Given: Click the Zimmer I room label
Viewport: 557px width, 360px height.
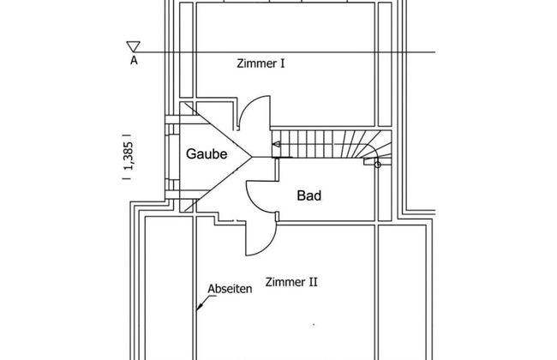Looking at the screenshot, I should [x=261, y=63].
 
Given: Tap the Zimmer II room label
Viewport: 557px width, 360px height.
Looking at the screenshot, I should [x=292, y=282].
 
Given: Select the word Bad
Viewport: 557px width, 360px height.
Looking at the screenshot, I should [x=308, y=196].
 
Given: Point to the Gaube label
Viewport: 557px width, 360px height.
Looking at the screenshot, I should [x=207, y=155].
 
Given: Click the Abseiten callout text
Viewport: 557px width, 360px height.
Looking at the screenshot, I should [x=230, y=290].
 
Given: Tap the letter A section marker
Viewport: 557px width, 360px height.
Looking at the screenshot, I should [x=134, y=61].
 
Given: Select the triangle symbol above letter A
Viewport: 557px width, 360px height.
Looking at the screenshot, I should [x=133, y=46].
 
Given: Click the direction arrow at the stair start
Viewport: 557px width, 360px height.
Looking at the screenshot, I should [x=276, y=146].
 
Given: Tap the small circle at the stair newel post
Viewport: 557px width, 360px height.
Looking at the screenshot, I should [x=378, y=165].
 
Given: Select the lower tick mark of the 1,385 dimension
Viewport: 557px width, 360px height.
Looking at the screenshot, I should [x=126, y=179].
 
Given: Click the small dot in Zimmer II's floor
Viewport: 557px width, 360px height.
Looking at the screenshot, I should [x=314, y=325].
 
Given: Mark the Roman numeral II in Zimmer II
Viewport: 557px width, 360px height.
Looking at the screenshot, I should [x=313, y=282].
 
